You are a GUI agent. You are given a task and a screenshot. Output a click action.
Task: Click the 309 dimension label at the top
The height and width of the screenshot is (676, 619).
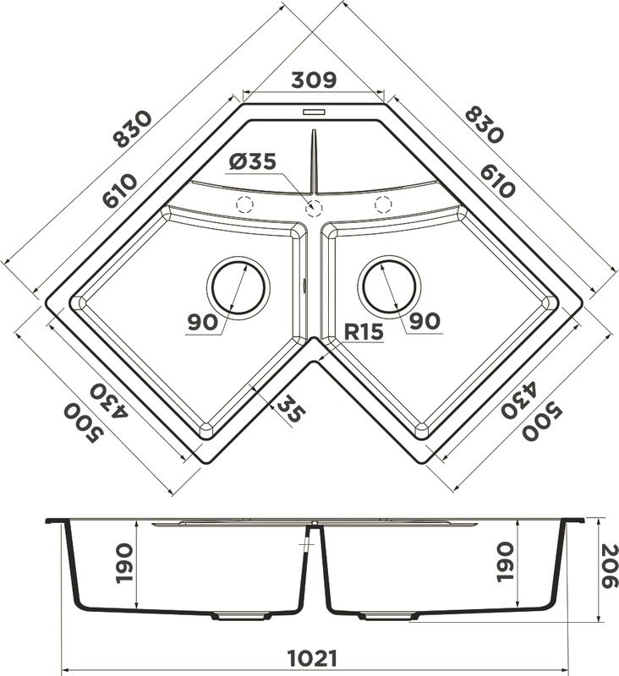[x=314, y=79]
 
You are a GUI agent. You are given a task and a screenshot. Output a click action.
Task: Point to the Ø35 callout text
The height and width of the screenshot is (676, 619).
[x=252, y=161]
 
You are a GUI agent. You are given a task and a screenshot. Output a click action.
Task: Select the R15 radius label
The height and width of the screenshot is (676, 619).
[x=364, y=331]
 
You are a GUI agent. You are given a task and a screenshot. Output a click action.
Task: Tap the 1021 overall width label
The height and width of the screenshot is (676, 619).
[x=312, y=658]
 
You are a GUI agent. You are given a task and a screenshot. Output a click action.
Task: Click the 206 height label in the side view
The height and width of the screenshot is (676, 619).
[x=609, y=566]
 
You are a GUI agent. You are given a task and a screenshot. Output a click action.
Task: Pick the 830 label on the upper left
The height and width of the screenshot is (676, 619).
[x=132, y=129]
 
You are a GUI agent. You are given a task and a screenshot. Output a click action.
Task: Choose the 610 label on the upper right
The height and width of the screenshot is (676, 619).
[x=497, y=182]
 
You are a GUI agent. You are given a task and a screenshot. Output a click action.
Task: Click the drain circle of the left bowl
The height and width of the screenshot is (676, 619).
[x=238, y=286]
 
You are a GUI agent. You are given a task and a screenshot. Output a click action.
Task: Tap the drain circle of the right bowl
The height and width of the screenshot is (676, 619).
[x=390, y=285]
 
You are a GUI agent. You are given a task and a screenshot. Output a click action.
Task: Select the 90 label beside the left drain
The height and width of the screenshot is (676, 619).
[x=202, y=322]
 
